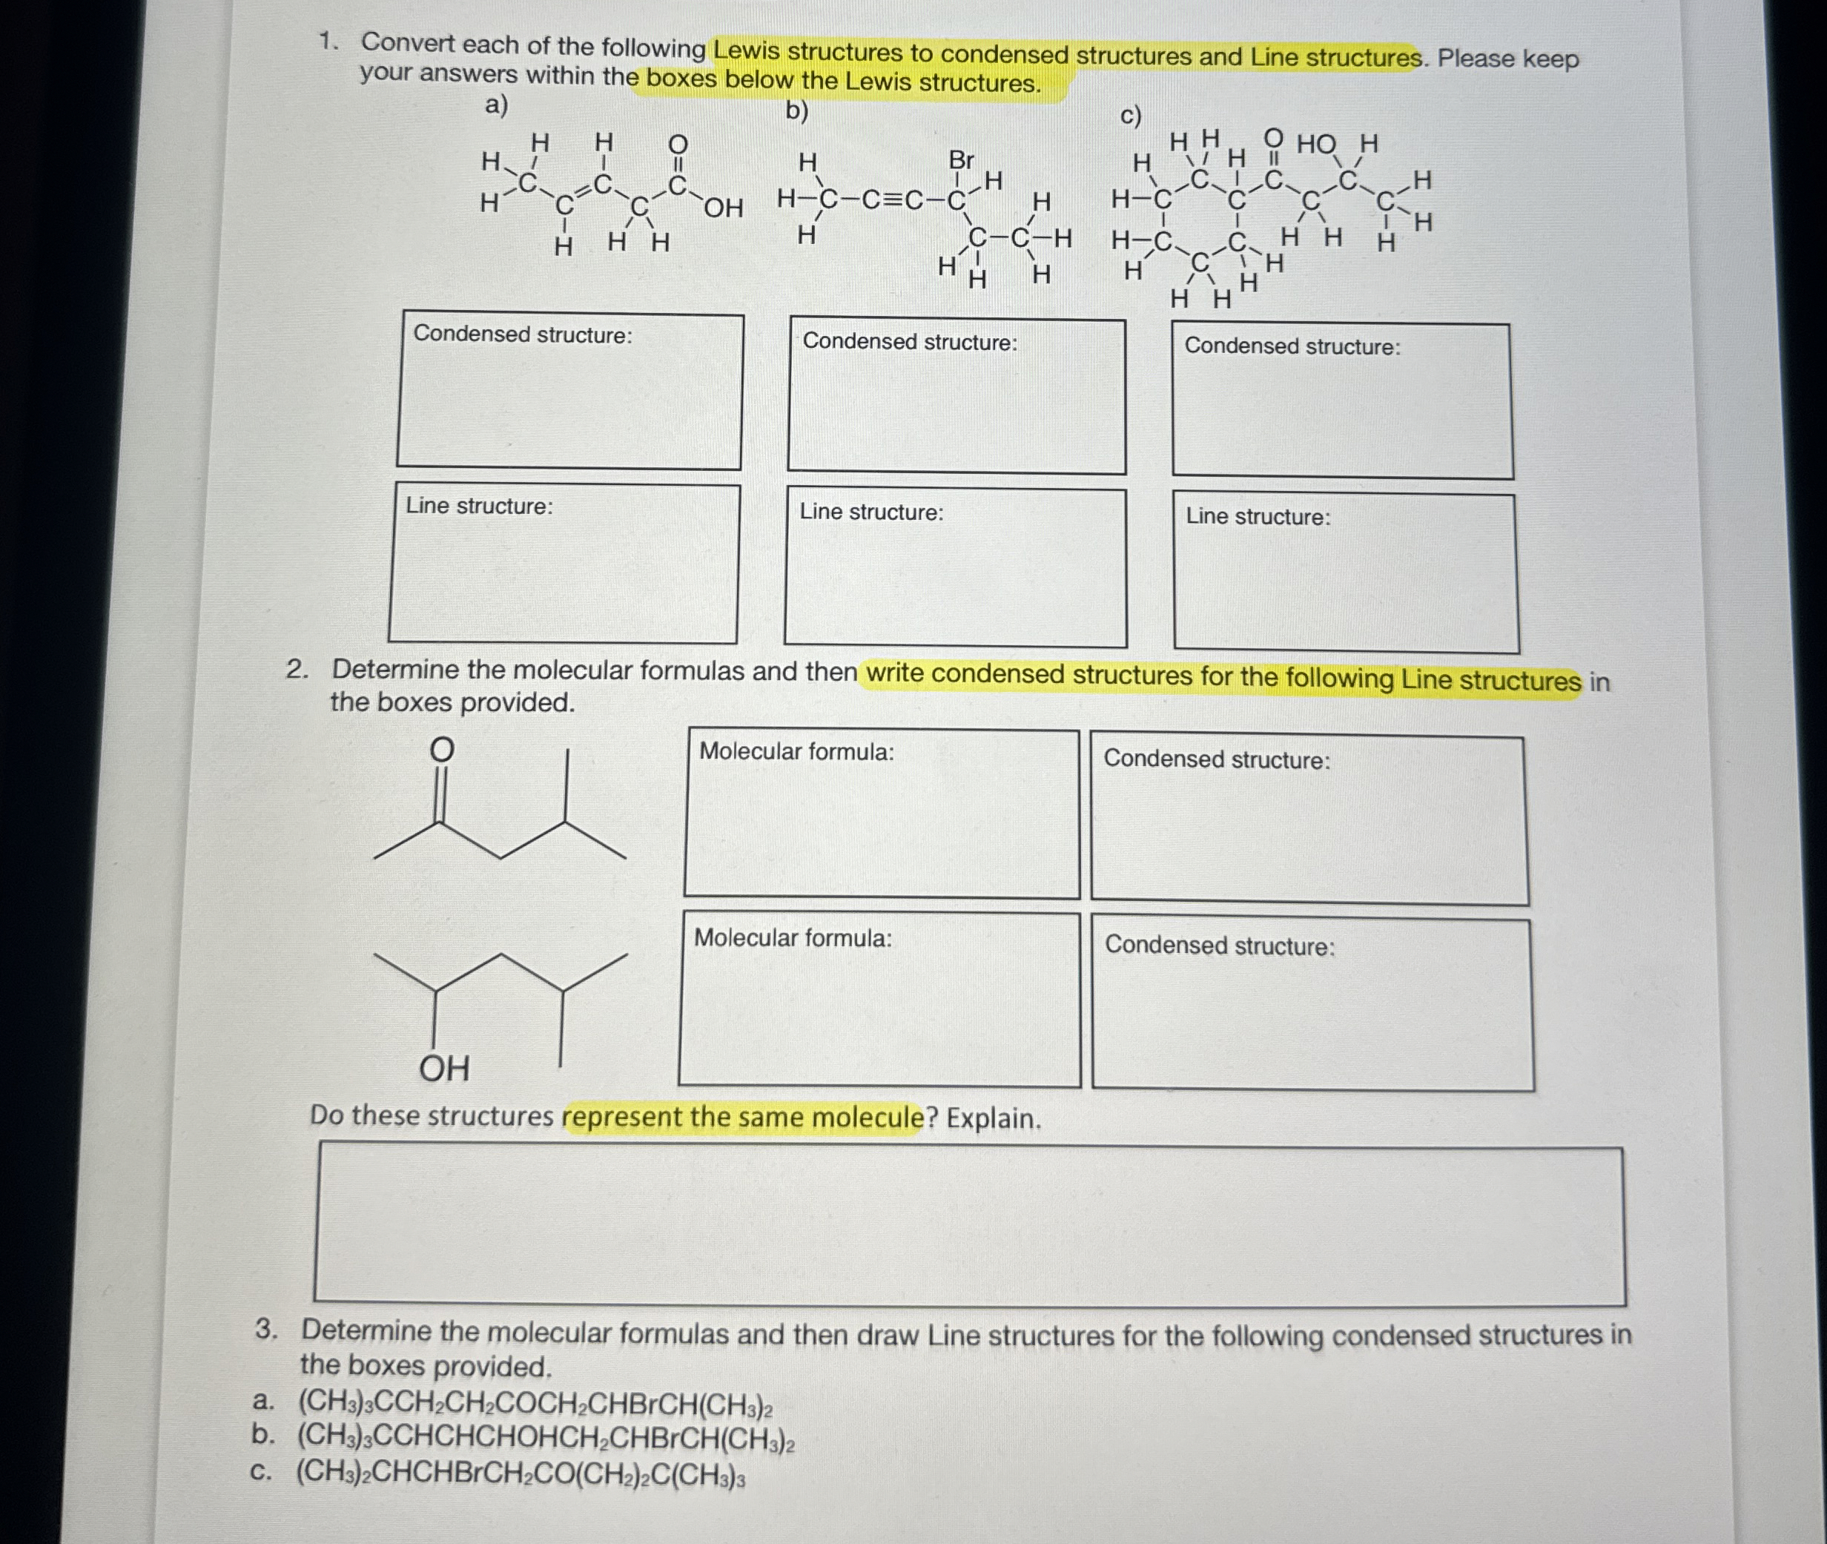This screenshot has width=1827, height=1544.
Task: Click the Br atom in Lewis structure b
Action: tap(961, 160)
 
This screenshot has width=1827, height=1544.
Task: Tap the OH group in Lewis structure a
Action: tap(723, 208)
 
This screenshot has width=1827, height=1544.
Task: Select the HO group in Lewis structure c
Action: tap(1316, 145)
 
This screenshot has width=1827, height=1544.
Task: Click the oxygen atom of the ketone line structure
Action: tap(442, 750)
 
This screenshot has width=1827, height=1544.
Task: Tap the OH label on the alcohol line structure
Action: tap(444, 1069)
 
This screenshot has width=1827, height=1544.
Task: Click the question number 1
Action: tap(328, 41)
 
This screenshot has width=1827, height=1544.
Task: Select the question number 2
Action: tap(297, 670)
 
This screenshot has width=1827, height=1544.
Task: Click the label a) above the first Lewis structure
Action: tap(496, 106)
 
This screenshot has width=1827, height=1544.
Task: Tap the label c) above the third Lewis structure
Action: tap(1131, 116)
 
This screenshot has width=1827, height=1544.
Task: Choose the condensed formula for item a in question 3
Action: tap(535, 1403)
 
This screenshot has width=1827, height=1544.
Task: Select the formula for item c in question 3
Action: tap(521, 1472)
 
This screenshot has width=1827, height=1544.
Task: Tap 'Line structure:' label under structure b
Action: tap(871, 512)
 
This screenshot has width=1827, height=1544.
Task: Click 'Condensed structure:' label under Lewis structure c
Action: tap(1292, 346)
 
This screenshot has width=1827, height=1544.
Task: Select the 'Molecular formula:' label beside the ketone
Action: tap(796, 752)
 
